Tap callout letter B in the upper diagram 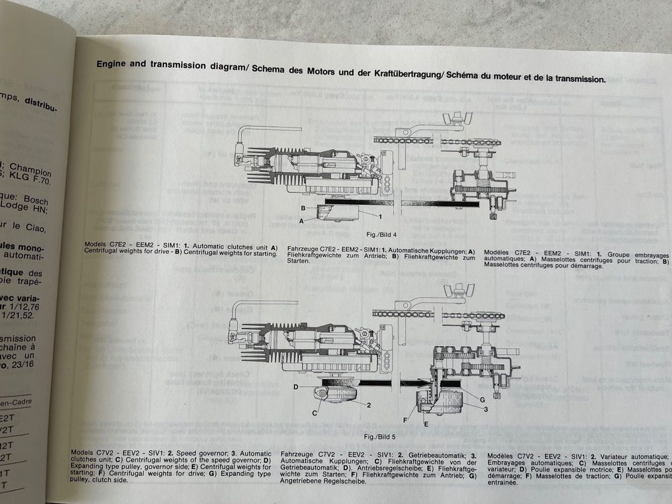(303, 208)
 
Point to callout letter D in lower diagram (296, 388)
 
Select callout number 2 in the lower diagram (368, 405)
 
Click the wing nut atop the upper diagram (455, 122)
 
